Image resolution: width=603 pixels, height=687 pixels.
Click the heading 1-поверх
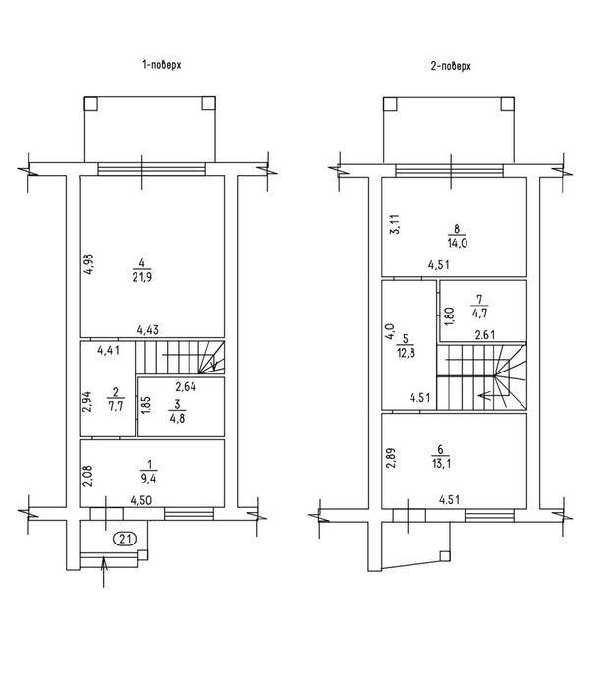pos(162,65)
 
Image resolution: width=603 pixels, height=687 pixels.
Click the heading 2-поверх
pos(451,66)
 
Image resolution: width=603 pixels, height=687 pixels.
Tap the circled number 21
pos(126,538)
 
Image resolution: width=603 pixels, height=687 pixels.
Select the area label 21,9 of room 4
pos(142,277)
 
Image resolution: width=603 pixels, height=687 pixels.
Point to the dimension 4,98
pos(89,263)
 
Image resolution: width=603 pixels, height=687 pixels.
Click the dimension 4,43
pos(147,330)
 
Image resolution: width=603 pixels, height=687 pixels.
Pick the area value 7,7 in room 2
pos(115,406)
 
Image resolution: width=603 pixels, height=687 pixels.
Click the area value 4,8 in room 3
pos(177,418)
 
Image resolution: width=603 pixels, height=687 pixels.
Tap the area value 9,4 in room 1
pos(149,478)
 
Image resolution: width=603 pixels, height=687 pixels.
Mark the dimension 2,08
pos(89,476)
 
